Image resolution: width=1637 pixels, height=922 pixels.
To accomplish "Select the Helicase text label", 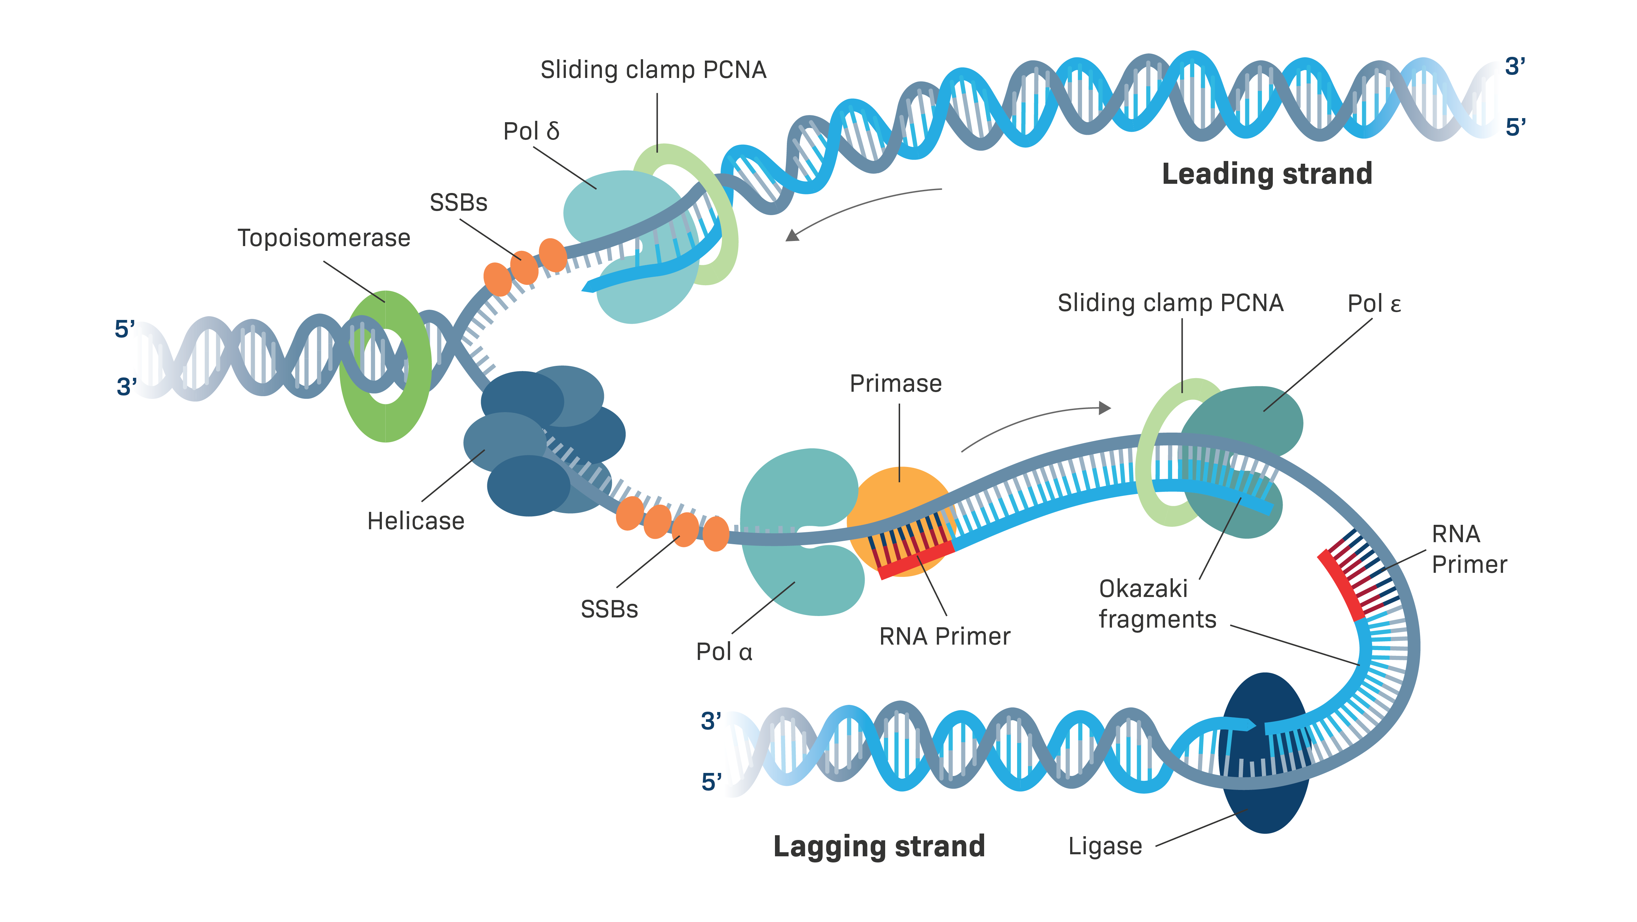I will click(x=416, y=521).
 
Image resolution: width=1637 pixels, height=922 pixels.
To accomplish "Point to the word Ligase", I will click(x=1105, y=846).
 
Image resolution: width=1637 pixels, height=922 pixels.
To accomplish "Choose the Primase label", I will click(x=895, y=384).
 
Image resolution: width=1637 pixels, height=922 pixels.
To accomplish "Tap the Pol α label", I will click(x=724, y=652).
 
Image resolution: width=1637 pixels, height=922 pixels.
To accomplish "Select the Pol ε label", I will click(x=1374, y=304).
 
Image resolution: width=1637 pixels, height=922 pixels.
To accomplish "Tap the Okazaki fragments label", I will click(x=1157, y=604).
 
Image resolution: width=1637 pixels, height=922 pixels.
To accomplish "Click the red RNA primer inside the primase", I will click(x=915, y=560).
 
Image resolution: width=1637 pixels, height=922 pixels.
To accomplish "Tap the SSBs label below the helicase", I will click(x=609, y=609).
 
